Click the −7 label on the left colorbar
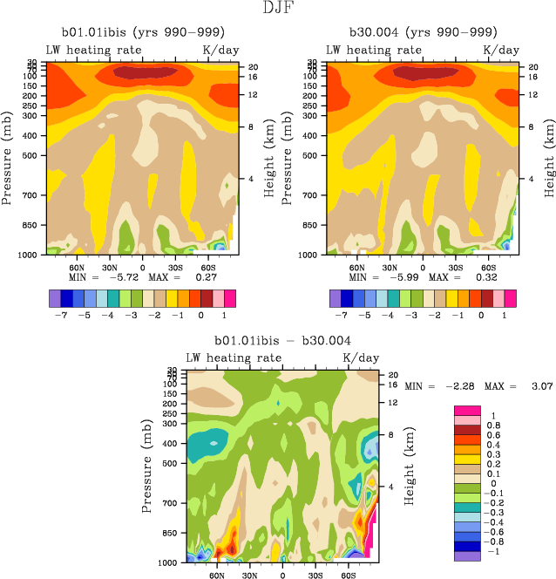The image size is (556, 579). (x=67, y=313)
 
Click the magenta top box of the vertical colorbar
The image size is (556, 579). (x=467, y=410)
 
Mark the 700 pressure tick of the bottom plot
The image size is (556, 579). (x=171, y=503)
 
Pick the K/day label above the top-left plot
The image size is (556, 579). (x=219, y=51)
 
